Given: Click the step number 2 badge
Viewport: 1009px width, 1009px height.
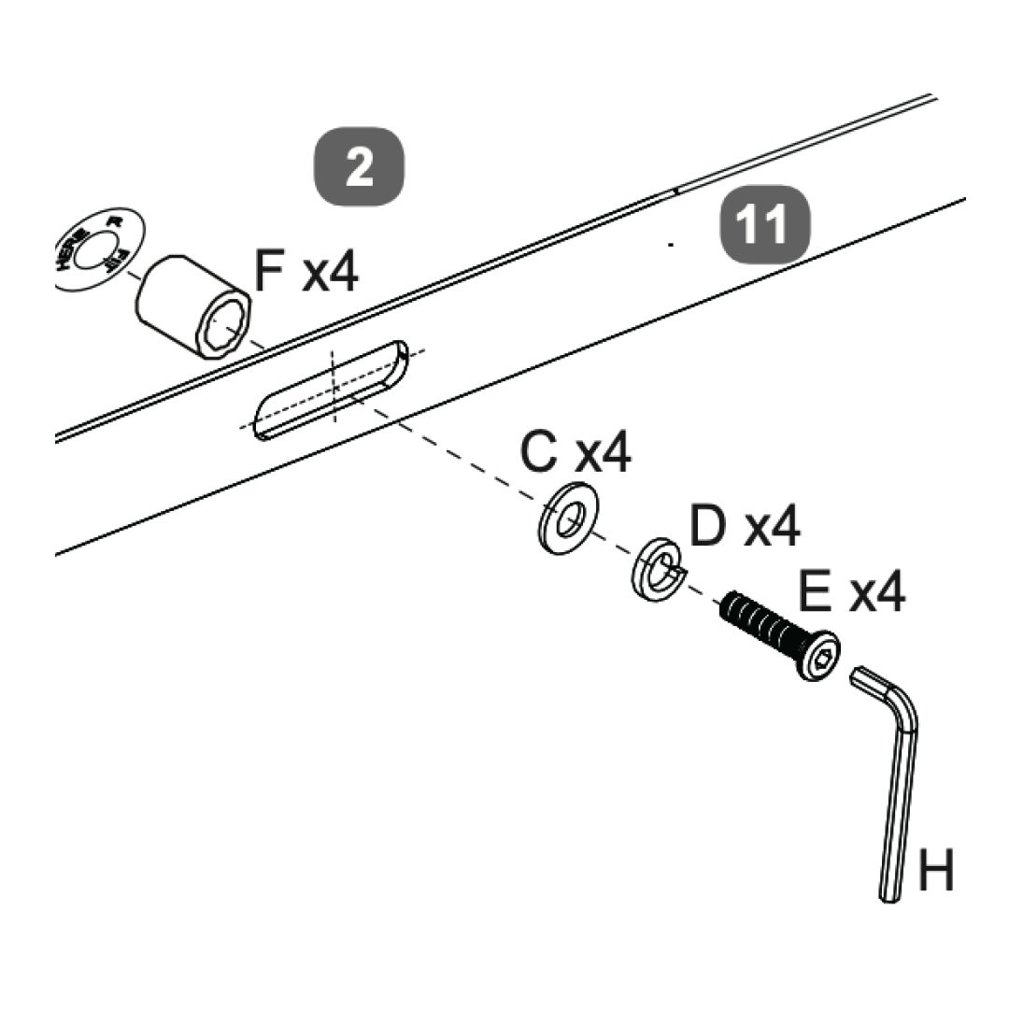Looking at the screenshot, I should click(359, 168).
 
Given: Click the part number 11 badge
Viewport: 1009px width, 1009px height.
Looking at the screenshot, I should click(763, 225).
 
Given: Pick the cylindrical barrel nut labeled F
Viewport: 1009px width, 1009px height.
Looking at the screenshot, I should click(192, 307).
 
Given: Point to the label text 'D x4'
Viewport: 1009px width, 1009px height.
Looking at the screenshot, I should click(745, 526).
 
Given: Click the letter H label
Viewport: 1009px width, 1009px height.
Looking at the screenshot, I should click(936, 871).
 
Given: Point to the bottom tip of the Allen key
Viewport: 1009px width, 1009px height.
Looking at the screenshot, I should click(888, 896).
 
